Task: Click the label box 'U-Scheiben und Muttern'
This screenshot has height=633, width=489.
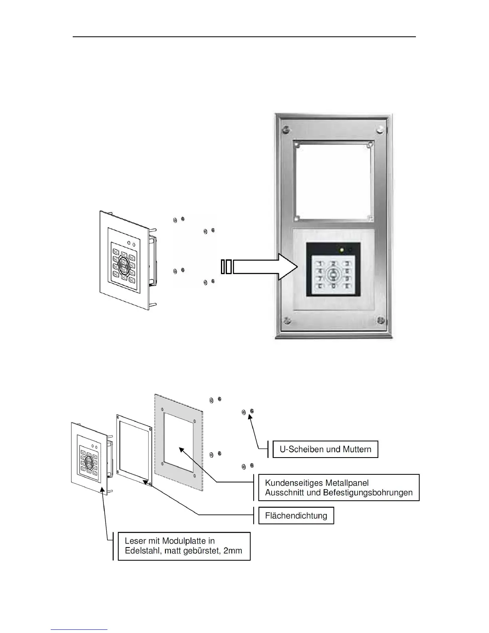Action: coord(325,449)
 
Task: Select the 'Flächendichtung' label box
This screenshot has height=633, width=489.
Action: coord(296,516)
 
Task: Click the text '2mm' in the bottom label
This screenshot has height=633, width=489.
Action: coord(233,551)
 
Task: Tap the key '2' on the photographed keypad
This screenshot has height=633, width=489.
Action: coord(334,264)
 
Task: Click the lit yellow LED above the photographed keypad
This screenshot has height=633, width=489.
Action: coord(341,251)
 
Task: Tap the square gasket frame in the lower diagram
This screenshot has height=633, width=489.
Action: coord(119,444)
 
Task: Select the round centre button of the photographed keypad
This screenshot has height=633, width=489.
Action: coord(333,275)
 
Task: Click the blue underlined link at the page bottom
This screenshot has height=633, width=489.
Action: coord(79,629)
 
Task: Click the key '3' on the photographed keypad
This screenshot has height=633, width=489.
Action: coord(347,264)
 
